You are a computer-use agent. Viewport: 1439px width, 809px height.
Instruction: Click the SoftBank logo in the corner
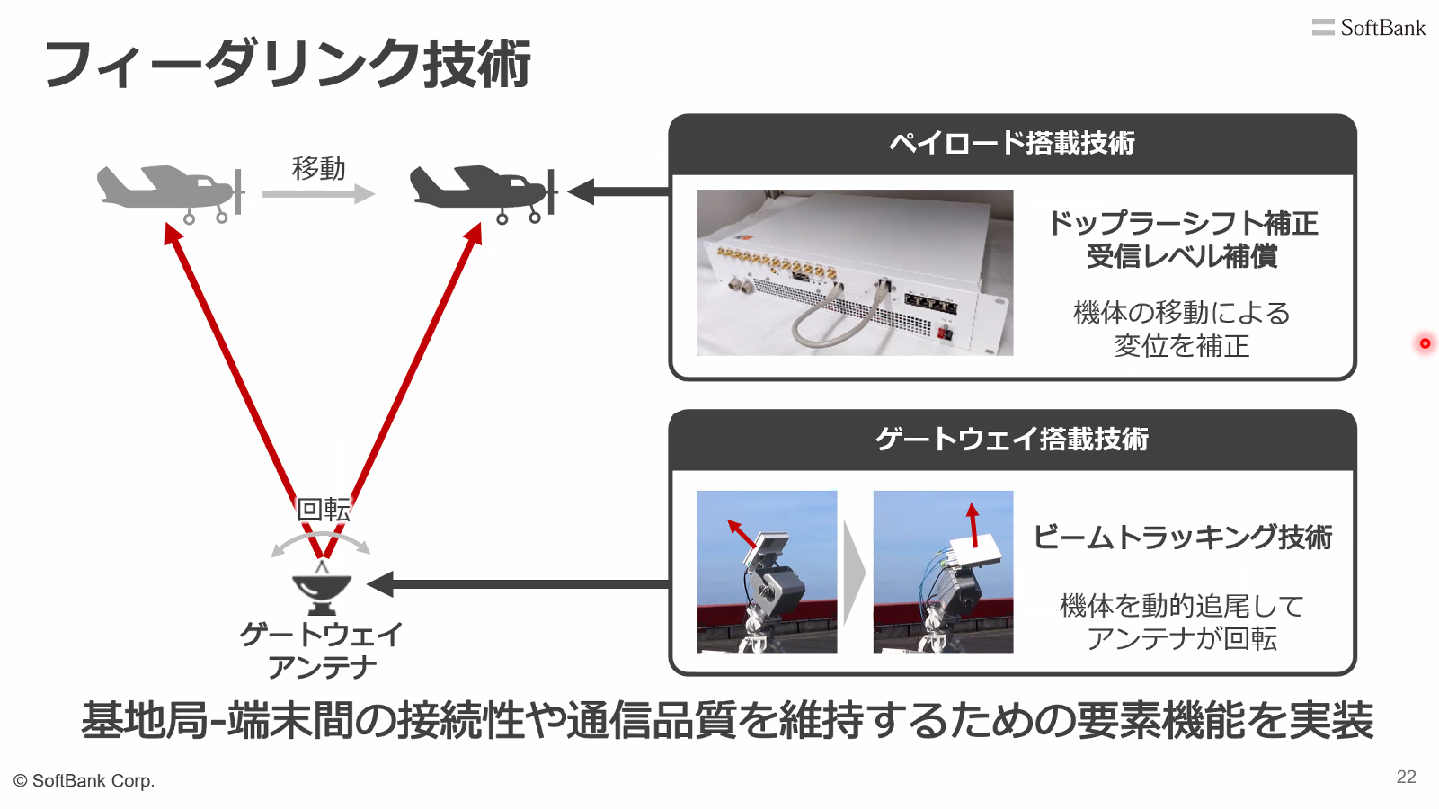click(x=1368, y=27)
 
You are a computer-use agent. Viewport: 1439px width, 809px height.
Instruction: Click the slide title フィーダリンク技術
click(x=287, y=63)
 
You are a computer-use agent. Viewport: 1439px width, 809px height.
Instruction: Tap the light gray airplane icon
click(x=171, y=193)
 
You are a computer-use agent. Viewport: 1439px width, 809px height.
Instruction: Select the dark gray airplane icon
click(x=484, y=193)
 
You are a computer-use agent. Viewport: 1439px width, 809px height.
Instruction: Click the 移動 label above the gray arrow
click(x=319, y=168)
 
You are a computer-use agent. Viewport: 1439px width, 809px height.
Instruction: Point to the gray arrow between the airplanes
click(x=319, y=193)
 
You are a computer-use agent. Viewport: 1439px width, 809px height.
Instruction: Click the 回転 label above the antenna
click(x=324, y=510)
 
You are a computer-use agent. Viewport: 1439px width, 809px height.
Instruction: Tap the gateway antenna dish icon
click(x=322, y=587)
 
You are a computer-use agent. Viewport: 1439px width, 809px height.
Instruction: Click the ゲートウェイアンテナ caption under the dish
click(x=321, y=650)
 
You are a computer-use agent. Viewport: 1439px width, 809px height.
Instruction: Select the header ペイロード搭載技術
click(x=1012, y=143)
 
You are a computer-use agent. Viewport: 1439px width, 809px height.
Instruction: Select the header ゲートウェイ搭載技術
click(x=1012, y=440)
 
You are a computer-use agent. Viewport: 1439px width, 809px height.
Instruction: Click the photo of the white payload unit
click(x=855, y=272)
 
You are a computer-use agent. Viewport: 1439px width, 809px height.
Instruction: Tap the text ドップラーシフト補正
click(x=1183, y=223)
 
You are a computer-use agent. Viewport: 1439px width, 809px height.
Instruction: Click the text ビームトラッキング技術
click(x=1183, y=538)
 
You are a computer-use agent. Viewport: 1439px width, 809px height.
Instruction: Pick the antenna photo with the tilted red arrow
click(x=767, y=572)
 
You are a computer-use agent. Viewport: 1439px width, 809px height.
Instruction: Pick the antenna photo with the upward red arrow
click(x=943, y=572)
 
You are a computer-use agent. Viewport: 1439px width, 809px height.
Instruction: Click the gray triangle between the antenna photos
click(x=854, y=572)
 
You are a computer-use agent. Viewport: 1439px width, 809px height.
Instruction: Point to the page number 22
click(x=1407, y=777)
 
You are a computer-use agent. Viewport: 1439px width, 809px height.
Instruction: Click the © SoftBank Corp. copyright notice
click(x=84, y=781)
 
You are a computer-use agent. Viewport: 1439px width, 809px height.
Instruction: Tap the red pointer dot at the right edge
click(x=1425, y=343)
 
